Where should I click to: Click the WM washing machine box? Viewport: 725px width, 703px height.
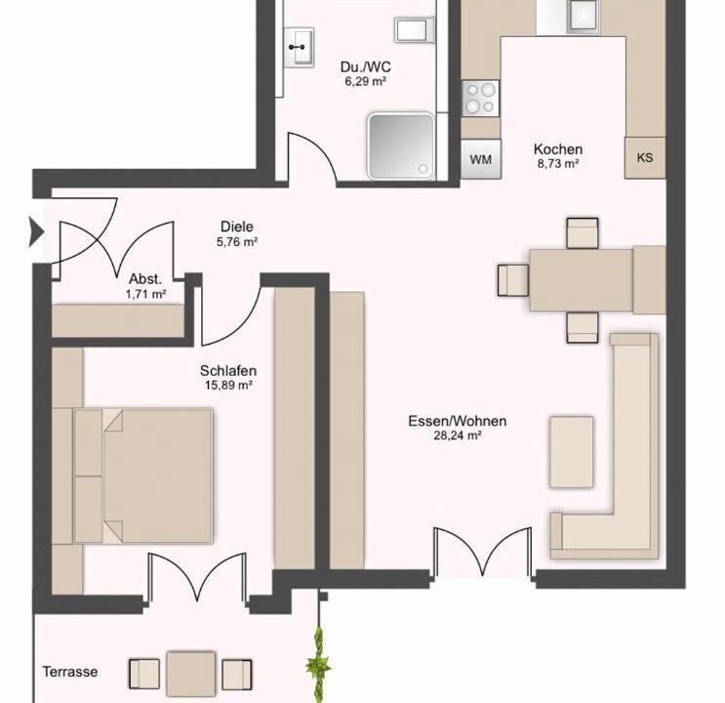pyautogui.click(x=480, y=159)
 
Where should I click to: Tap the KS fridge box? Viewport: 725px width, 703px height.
pyautogui.click(x=645, y=158)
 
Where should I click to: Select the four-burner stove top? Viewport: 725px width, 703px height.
pyautogui.click(x=480, y=99)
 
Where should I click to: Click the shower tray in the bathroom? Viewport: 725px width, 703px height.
pyautogui.click(x=401, y=145)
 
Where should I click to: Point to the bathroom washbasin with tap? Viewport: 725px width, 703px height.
pyautogui.click(x=299, y=47)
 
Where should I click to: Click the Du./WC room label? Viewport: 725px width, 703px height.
pyautogui.click(x=365, y=67)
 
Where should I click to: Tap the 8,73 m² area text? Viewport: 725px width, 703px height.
pyautogui.click(x=558, y=163)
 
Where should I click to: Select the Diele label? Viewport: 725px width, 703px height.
pyautogui.click(x=237, y=227)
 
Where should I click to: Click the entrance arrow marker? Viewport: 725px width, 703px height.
pyautogui.click(x=36, y=231)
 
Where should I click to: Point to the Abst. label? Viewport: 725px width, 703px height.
pyautogui.click(x=145, y=279)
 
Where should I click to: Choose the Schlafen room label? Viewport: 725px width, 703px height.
pyautogui.click(x=228, y=371)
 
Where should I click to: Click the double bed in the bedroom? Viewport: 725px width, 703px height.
pyautogui.click(x=143, y=476)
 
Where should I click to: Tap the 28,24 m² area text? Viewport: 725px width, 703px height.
pyautogui.click(x=458, y=435)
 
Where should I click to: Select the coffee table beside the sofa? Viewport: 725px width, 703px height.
pyautogui.click(x=572, y=452)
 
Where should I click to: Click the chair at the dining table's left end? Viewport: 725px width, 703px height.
pyautogui.click(x=513, y=280)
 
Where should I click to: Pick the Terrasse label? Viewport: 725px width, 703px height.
pyautogui.click(x=70, y=672)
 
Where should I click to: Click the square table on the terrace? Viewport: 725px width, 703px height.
pyautogui.click(x=191, y=674)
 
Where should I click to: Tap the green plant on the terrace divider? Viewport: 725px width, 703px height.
pyautogui.click(x=318, y=665)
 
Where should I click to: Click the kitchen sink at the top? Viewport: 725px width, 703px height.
pyautogui.click(x=584, y=18)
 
